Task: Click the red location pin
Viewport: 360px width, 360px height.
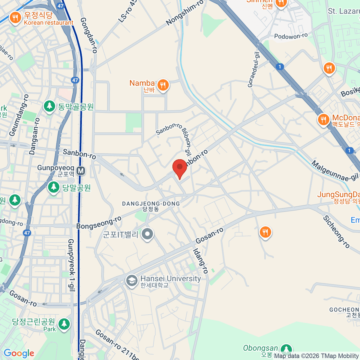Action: (x=180, y=167)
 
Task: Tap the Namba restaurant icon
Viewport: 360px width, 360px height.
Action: (x=163, y=85)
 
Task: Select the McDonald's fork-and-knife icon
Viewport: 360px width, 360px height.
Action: (x=323, y=120)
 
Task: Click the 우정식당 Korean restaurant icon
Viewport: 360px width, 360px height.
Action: (x=15, y=18)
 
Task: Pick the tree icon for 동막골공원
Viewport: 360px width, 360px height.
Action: (x=49, y=106)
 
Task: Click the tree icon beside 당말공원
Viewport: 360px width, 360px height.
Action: (x=54, y=187)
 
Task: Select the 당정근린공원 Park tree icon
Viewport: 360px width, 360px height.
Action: (x=64, y=324)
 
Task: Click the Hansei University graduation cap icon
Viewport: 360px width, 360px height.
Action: (x=131, y=281)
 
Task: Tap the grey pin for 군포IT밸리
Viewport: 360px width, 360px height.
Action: (x=147, y=234)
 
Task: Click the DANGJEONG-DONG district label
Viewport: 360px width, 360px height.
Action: (x=151, y=204)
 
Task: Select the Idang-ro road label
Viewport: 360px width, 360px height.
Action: (x=200, y=261)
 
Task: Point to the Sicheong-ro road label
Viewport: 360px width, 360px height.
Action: (x=336, y=232)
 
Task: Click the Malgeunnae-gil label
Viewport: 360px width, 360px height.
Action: (x=335, y=171)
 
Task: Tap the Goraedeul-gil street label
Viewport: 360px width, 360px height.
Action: (x=253, y=69)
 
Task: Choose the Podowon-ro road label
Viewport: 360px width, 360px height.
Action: (x=291, y=36)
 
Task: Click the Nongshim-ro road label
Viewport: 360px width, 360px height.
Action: (x=184, y=12)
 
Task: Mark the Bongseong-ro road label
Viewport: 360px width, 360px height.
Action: (x=99, y=223)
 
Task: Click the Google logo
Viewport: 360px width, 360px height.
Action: (x=19, y=353)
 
